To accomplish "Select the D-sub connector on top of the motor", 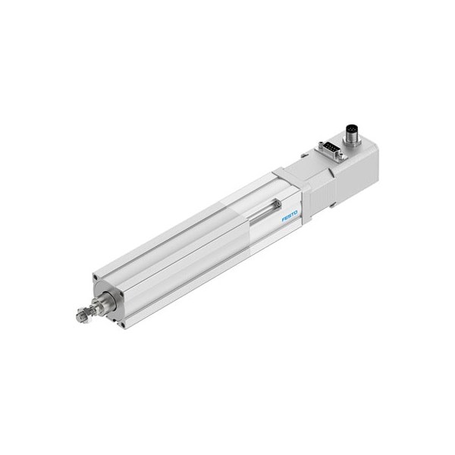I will pos(328,148).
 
